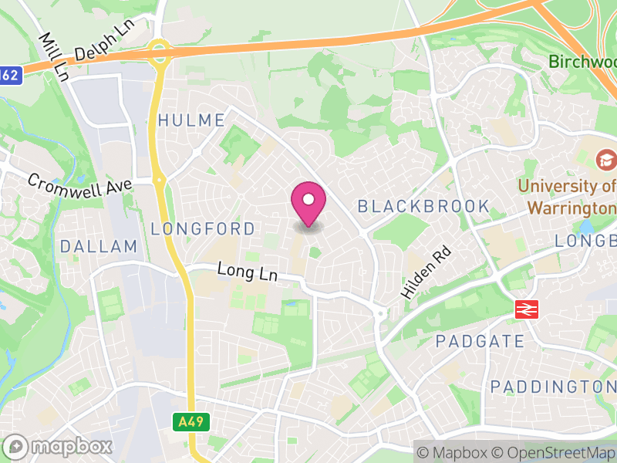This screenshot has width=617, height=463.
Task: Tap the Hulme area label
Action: [191, 120]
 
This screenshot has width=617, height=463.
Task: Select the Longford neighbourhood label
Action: [203, 229]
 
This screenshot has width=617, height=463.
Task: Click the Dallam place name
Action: [99, 247]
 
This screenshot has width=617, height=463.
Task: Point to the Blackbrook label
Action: [423, 206]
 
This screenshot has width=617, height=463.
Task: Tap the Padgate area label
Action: [480, 341]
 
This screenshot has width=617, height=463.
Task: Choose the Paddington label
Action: [553, 386]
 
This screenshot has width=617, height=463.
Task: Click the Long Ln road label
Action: [247, 272]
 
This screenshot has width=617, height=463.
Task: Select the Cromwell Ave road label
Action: [79, 185]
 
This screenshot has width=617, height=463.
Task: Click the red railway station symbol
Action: [526, 310]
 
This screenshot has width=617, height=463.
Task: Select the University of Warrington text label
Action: [568, 197]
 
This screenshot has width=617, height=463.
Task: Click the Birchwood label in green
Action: [582, 61]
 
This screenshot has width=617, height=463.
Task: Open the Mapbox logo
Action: [58, 446]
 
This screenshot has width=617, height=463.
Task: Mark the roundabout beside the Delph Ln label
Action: [160, 52]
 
